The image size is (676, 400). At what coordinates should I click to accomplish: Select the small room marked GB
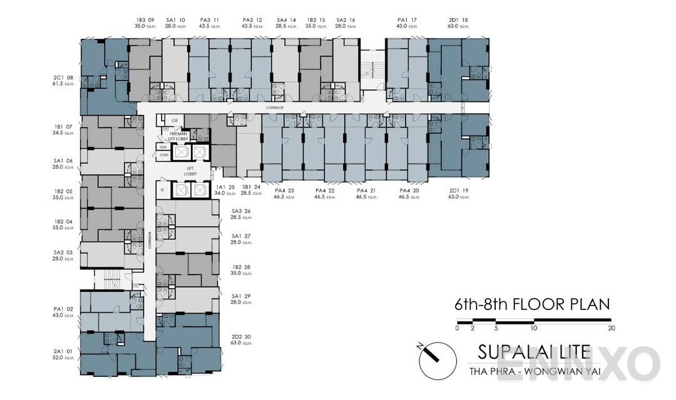pos(166,120)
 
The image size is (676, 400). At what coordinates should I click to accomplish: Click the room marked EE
pos(162,189)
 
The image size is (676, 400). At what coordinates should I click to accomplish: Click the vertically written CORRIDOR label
pos(150,241)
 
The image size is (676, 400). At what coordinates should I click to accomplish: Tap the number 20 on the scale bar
pos(611,328)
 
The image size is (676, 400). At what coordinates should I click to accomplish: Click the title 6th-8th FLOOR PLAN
pos(531,304)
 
